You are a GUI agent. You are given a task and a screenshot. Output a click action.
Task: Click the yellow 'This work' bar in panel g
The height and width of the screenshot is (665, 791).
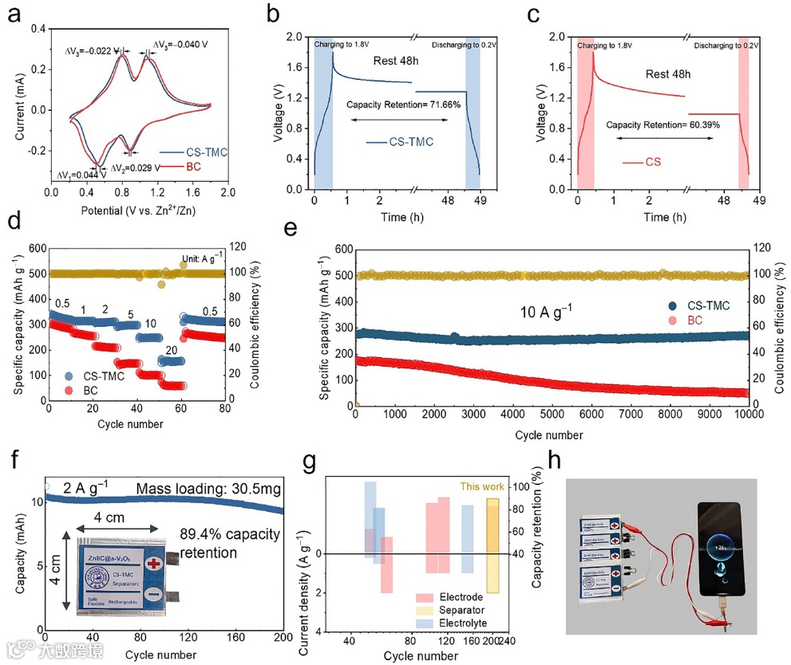click(492, 546)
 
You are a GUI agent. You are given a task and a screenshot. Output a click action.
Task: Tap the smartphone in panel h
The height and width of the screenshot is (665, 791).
click(722, 550)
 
